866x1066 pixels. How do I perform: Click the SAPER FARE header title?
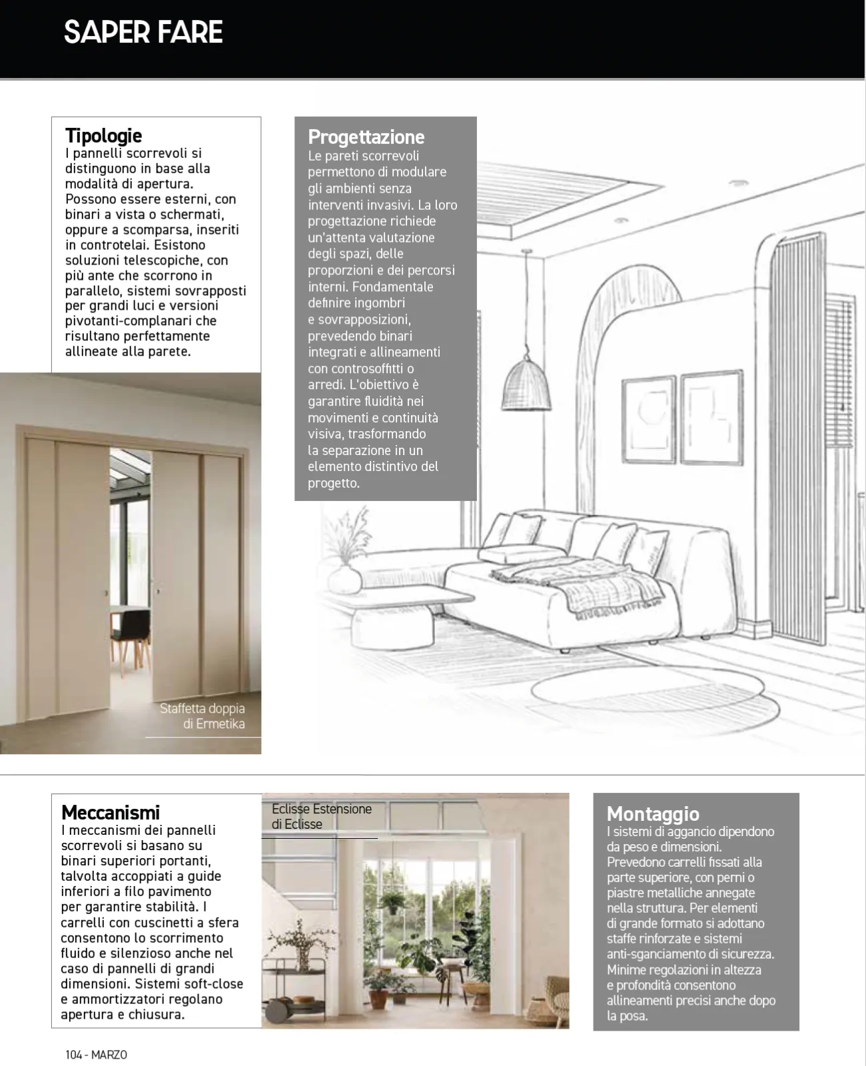coord(143,33)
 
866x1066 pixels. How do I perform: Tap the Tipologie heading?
coord(104,136)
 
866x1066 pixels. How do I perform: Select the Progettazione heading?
coord(366,137)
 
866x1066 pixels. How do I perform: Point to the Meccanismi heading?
coord(111,813)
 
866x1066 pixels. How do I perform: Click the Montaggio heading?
coord(653,814)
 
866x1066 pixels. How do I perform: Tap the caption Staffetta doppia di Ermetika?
coord(203,716)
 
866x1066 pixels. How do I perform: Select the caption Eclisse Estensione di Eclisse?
coord(321,817)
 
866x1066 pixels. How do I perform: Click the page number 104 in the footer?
coord(73,1055)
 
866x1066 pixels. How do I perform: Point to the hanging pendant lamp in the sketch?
coord(526,383)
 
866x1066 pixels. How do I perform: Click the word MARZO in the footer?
coord(109,1055)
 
